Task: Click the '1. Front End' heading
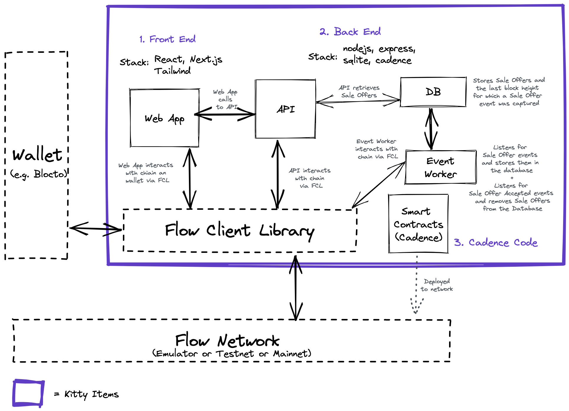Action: pos(167,39)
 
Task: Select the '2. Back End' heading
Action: pos(350,32)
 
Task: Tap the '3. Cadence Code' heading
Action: pos(496,243)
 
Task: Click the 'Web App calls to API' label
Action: pos(226,99)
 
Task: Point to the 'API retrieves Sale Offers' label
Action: pos(359,91)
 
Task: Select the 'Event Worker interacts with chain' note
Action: pos(377,149)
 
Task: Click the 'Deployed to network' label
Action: pos(437,285)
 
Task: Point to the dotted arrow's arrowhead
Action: pos(415,311)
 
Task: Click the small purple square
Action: pos(28,393)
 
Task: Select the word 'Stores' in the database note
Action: pos(483,81)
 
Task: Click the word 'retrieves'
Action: pos(366,88)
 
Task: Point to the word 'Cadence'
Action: pos(489,243)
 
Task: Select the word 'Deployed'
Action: pos(437,281)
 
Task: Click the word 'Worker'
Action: pos(386,141)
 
